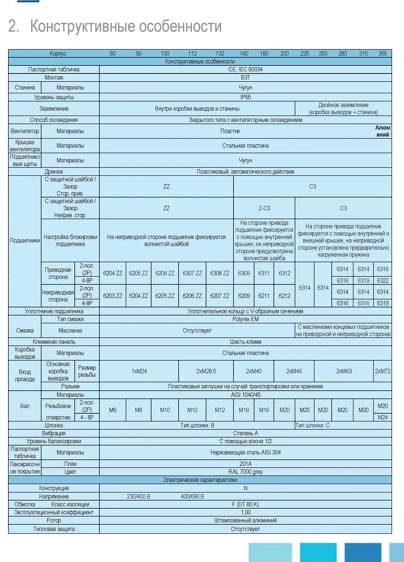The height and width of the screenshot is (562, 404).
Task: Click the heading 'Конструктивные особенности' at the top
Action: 126,26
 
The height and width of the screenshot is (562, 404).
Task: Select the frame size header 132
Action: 220,53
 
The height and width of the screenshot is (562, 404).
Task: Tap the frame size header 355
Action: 383,53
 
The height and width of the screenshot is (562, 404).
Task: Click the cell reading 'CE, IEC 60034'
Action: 245,69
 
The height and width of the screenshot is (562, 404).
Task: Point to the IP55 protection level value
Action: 245,97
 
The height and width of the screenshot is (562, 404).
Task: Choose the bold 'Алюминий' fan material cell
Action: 383,131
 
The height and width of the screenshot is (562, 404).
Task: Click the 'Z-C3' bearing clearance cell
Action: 264,208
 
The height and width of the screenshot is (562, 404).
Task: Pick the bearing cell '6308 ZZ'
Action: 220,273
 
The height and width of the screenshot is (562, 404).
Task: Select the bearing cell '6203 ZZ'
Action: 113,296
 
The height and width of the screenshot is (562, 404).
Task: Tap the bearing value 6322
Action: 383,280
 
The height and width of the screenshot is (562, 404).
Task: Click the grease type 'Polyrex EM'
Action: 245,319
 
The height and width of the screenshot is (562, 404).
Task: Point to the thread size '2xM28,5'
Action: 206,371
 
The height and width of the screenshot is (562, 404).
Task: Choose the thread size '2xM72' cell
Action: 383,371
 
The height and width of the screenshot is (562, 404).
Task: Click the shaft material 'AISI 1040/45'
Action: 245,395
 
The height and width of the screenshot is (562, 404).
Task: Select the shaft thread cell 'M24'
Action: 383,417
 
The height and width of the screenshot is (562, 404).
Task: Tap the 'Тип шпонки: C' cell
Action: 312,425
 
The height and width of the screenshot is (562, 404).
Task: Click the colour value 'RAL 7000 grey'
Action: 245,471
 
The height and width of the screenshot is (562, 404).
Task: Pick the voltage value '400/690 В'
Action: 192,496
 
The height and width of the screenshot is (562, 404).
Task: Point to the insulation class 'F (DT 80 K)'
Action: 245,504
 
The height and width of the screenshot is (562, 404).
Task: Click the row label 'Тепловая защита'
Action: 54,529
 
